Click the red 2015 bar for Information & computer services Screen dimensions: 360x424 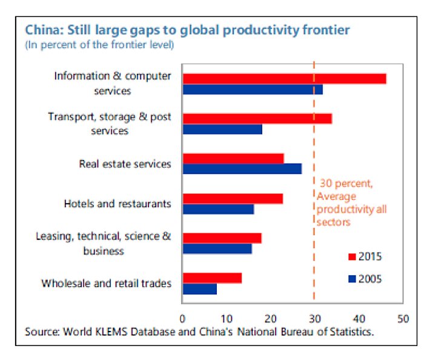click(x=284, y=78)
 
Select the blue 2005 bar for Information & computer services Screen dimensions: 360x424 click(x=253, y=90)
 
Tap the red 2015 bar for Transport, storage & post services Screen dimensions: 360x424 click(x=257, y=118)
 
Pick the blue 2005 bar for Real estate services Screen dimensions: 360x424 click(x=242, y=169)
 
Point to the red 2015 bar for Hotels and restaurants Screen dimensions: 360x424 click(x=233, y=198)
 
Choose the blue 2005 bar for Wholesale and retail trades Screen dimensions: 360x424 click(x=199, y=289)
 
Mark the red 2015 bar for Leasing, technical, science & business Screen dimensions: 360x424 click(x=222, y=238)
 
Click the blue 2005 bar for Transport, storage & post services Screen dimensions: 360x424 click(x=222, y=130)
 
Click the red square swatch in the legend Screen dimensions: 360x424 click(x=351, y=256)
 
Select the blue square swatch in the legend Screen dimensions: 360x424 click(x=351, y=279)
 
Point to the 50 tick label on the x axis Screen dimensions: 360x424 click(x=403, y=318)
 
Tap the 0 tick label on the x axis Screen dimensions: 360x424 click(x=182, y=318)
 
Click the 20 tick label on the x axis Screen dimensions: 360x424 click(x=270, y=318)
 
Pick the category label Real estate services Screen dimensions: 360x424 click(x=125, y=164)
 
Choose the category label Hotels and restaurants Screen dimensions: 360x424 click(x=117, y=204)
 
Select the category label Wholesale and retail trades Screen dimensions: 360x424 click(x=106, y=283)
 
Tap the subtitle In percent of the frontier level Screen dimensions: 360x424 click(x=99, y=45)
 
